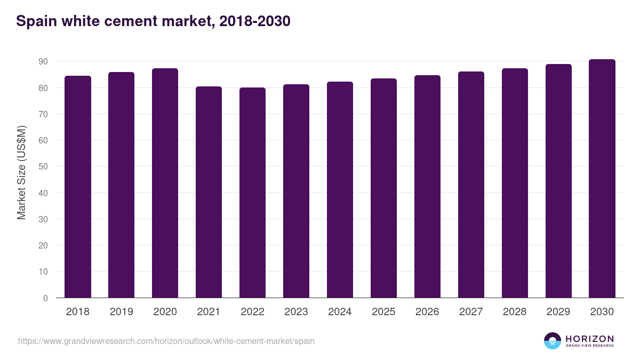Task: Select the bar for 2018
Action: tap(78, 187)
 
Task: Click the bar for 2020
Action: tap(165, 183)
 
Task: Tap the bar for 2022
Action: tap(252, 193)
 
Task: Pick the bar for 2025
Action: tap(383, 188)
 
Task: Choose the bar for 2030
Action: tap(602, 179)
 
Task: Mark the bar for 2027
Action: tap(471, 185)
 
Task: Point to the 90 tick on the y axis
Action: tap(43, 62)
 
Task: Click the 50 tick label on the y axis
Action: tap(43, 167)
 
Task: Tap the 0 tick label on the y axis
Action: tap(45, 298)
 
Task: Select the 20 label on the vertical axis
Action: tap(43, 246)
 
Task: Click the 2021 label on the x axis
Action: tap(209, 312)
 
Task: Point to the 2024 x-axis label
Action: tap(340, 312)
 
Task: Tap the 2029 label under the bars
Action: tap(558, 312)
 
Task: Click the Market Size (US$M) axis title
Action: tap(21, 172)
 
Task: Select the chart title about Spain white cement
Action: tap(153, 21)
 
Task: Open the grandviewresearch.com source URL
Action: tap(166, 341)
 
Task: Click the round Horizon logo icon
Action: tap(552, 341)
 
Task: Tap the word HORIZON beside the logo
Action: tap(589, 339)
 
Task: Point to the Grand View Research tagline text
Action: tap(589, 346)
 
